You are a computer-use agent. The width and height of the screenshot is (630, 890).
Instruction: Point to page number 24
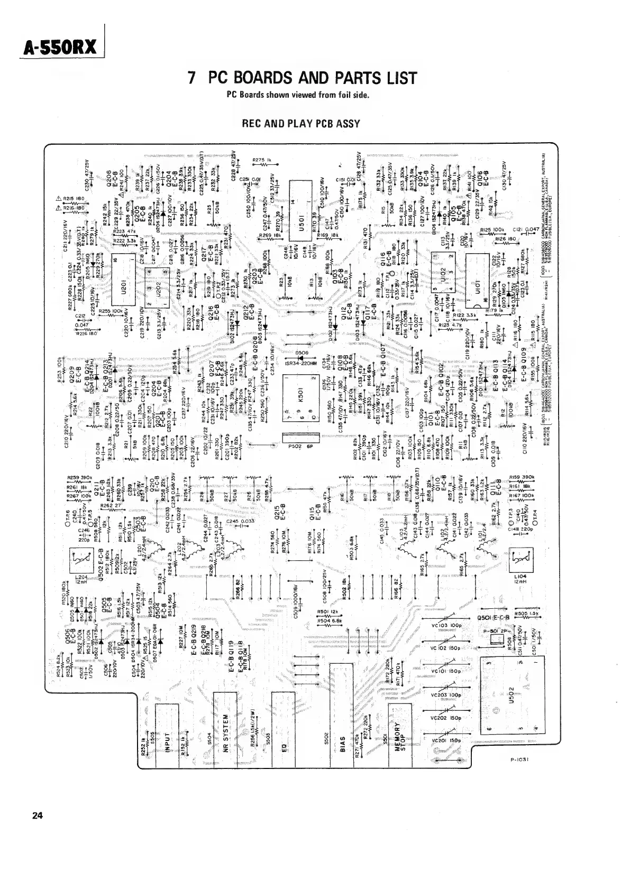(x=37, y=815)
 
